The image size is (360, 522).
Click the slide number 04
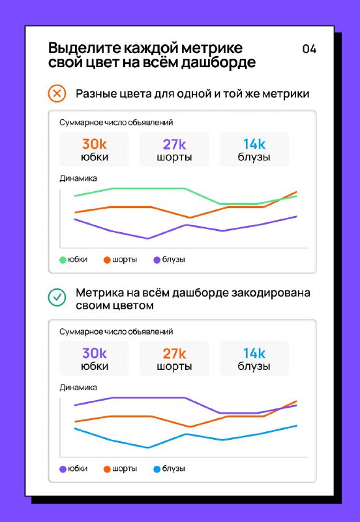point(309,49)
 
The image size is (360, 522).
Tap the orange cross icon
point(57,93)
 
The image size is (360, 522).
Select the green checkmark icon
point(57,297)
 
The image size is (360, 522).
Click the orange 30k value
point(94,144)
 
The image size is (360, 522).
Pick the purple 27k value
point(174,144)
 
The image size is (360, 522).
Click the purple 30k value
point(94,353)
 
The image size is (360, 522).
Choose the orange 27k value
point(174,353)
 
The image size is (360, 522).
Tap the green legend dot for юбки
point(63,260)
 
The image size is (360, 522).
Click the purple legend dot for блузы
point(157,260)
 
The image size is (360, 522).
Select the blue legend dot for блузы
point(157,469)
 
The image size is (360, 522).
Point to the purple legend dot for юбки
point(63,469)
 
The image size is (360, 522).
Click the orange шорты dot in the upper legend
point(107,260)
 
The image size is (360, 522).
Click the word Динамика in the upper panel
point(78,178)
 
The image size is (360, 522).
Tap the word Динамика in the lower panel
point(78,388)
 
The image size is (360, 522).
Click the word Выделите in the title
point(84,48)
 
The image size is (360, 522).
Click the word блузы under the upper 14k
point(254,157)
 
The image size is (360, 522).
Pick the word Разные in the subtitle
point(95,94)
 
